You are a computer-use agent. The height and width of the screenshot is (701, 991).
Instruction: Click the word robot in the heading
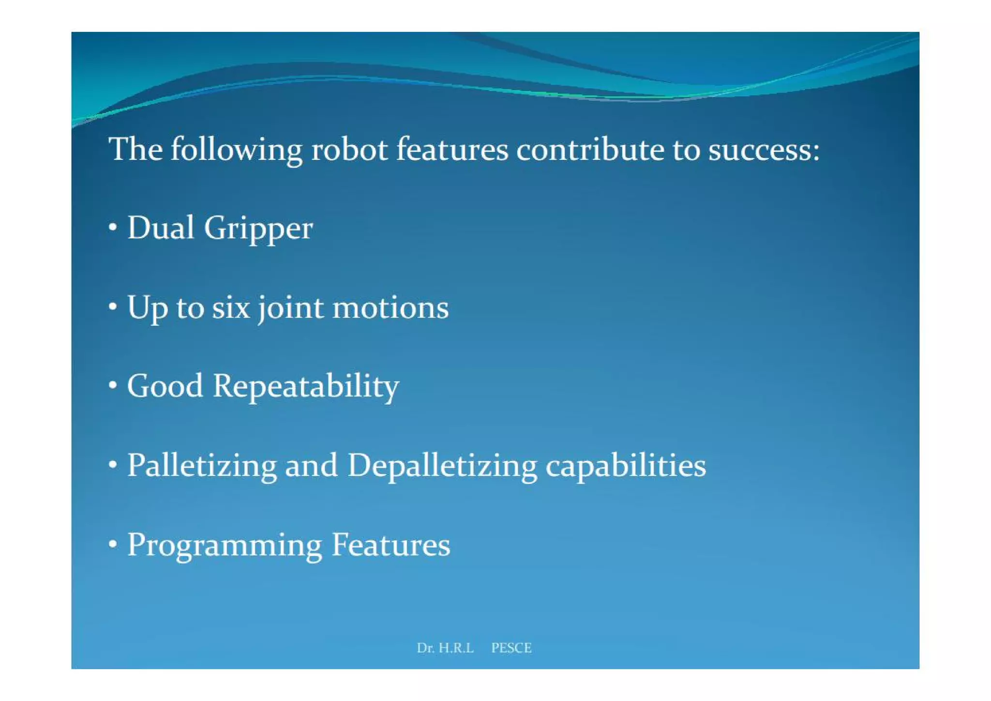pos(349,150)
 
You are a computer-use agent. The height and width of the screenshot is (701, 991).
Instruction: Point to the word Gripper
pos(258,229)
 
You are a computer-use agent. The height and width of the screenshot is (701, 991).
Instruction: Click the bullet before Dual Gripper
pos(113,227)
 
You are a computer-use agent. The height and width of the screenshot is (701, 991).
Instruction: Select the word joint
pos(290,308)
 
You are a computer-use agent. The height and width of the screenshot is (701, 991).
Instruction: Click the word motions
pos(390,307)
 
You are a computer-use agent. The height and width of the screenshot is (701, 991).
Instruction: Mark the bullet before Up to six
pos(113,306)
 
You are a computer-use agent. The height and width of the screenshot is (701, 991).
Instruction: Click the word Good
pos(165,386)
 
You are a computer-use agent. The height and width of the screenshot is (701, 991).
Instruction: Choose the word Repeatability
pos(306,387)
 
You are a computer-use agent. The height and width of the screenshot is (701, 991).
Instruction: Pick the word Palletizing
pos(202,466)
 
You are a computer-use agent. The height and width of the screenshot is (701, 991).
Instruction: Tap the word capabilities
pos(626,466)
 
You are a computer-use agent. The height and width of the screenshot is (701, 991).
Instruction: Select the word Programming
pos(225,546)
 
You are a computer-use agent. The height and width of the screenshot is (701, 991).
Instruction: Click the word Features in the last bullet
pos(390,545)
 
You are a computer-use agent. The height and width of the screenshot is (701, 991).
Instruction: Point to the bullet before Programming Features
pos(113,545)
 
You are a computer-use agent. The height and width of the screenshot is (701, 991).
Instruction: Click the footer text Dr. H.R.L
pos(445,648)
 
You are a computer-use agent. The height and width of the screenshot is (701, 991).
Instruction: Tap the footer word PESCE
pos(511,648)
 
